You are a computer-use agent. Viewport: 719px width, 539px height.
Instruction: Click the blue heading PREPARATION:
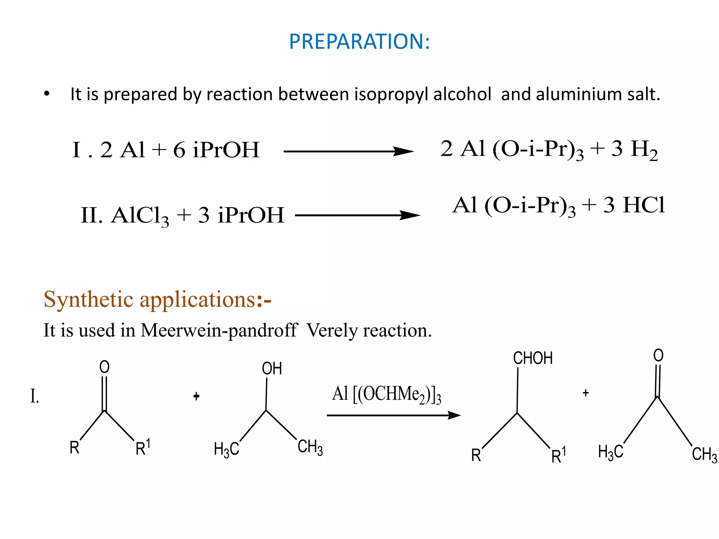pyautogui.click(x=359, y=41)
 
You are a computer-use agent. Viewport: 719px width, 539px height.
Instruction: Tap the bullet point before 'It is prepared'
pyautogui.click(x=47, y=94)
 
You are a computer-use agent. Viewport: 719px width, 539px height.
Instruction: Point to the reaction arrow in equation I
pyautogui.click(x=348, y=152)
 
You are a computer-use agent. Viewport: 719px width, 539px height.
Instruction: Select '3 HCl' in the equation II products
pyautogui.click(x=634, y=205)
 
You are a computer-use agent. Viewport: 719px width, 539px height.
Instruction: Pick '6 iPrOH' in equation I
pyautogui.click(x=216, y=150)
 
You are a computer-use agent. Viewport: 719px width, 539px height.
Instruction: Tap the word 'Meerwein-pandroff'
pyautogui.click(x=219, y=330)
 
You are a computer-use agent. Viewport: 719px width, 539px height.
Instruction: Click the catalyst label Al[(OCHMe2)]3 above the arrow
pyautogui.click(x=386, y=394)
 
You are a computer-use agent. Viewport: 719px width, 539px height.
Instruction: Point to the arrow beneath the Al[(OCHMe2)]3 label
pyautogui.click(x=393, y=415)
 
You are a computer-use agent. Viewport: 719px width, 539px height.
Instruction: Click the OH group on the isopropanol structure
pyautogui.click(x=272, y=368)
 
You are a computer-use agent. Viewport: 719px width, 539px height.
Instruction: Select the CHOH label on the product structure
pyautogui.click(x=533, y=358)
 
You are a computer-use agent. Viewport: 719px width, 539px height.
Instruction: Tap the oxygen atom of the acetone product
pyautogui.click(x=658, y=355)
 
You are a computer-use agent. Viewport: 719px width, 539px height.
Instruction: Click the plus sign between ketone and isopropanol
pyautogui.click(x=197, y=397)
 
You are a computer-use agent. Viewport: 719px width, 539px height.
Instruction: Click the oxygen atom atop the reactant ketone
pyautogui.click(x=104, y=367)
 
